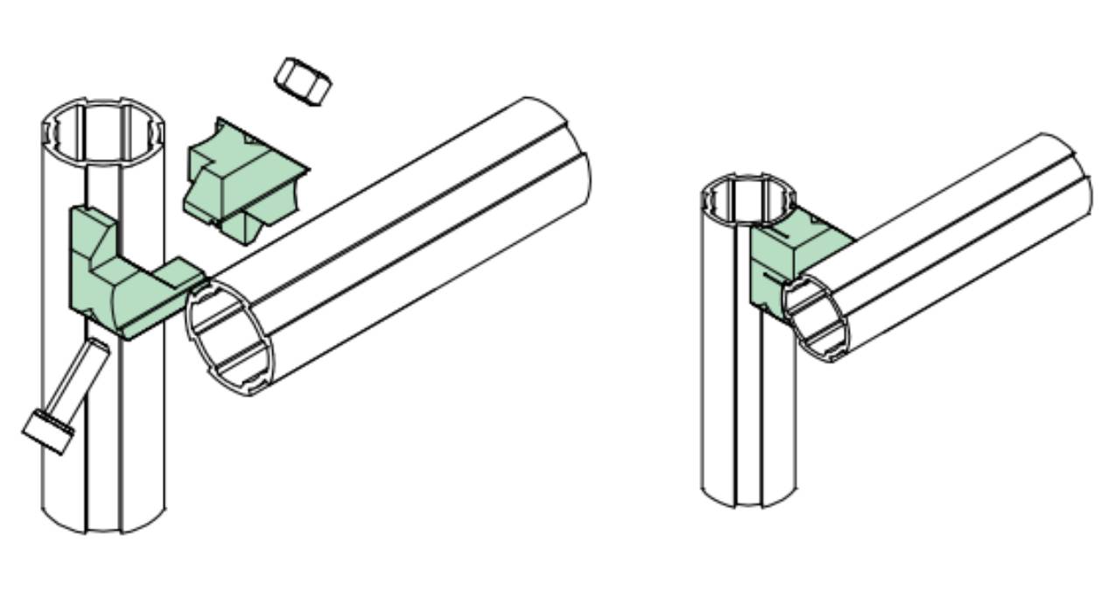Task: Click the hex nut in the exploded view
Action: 302,81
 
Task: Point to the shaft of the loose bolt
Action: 80,381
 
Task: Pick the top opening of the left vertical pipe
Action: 104,131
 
